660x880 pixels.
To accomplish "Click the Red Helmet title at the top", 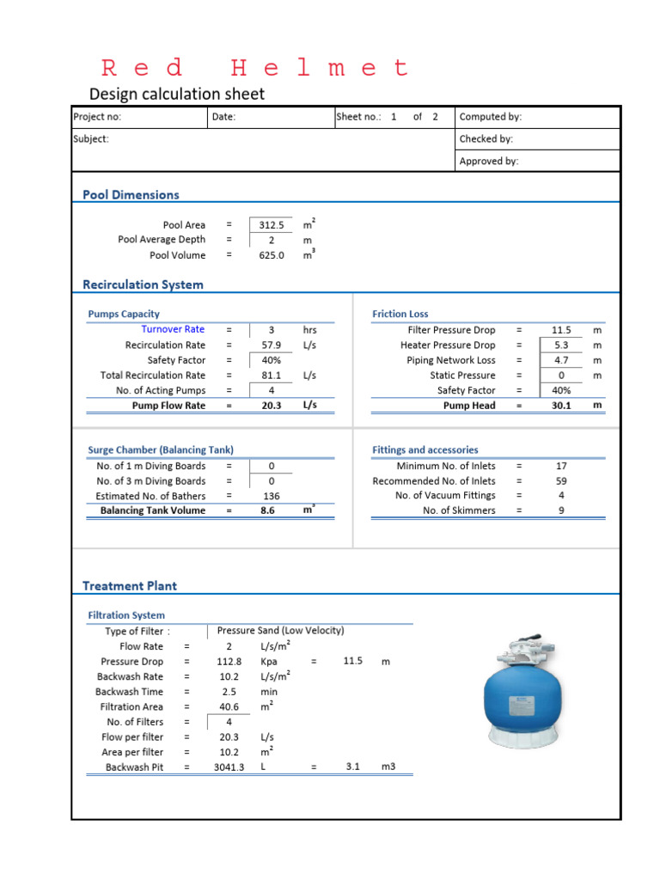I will pyautogui.click(x=255, y=68).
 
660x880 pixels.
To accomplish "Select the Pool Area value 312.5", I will pyautogui.click(x=272, y=225).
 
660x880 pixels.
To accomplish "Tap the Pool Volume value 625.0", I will pyautogui.click(x=272, y=255).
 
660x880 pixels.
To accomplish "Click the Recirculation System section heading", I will pyautogui.click(x=143, y=284).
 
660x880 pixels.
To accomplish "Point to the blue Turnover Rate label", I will pyautogui.click(x=173, y=329).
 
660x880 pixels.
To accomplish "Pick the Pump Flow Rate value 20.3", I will pyautogui.click(x=272, y=406).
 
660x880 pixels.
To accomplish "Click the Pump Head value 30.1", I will pyautogui.click(x=561, y=406).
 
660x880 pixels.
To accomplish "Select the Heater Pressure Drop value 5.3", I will pyautogui.click(x=561, y=345).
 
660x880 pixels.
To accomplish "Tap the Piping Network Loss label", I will pyautogui.click(x=450, y=360).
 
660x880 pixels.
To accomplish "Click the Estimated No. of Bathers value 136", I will pyautogui.click(x=272, y=496).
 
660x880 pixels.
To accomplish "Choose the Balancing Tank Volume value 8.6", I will pyautogui.click(x=272, y=510).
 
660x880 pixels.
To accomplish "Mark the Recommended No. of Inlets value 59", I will pyautogui.click(x=561, y=481).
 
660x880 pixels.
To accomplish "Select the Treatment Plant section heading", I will pyautogui.click(x=130, y=586).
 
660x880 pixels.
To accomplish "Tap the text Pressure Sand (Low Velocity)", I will pyautogui.click(x=280, y=631).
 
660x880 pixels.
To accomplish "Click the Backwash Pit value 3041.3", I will pyautogui.click(x=229, y=767).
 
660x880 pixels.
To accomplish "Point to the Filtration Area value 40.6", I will pyautogui.click(x=229, y=706).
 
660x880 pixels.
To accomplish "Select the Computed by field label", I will pyautogui.click(x=490, y=117).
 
